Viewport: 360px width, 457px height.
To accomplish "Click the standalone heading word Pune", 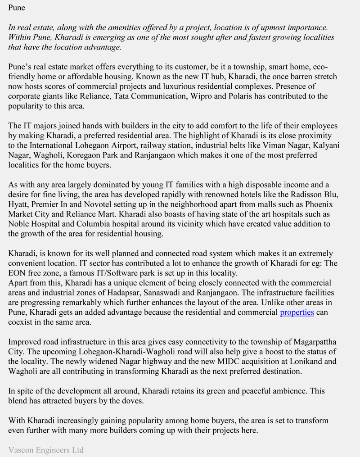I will [17, 8].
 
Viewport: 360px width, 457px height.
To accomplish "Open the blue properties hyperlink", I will [297, 312].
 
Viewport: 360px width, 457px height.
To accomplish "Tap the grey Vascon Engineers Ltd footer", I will [46, 450].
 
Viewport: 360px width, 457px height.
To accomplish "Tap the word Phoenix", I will [317, 204].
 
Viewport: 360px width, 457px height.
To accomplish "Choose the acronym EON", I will [18, 273].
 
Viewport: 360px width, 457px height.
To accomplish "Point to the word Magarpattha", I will [315, 342].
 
